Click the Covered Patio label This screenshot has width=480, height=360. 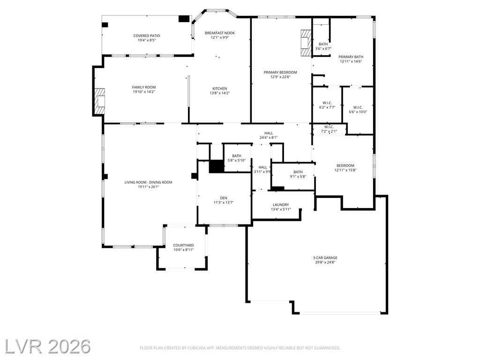pos(147,36)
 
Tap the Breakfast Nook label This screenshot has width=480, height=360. pos(220,33)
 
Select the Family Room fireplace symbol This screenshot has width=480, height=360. pos(99,101)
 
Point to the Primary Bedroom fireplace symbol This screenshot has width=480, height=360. pos(306,43)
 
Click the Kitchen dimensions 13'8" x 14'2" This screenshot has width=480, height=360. pos(220,93)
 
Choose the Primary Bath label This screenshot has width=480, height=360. pos(351,57)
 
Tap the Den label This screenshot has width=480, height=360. pos(224,198)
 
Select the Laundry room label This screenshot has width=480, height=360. pos(281,205)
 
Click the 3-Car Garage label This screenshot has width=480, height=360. pos(325,258)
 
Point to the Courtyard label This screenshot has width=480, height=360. pos(183,245)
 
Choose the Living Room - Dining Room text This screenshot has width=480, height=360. pos(149,182)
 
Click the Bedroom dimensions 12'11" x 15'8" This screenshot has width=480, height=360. pos(345,170)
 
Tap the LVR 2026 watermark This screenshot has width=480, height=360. pos(47,346)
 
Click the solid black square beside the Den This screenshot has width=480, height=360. pos(217,166)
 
